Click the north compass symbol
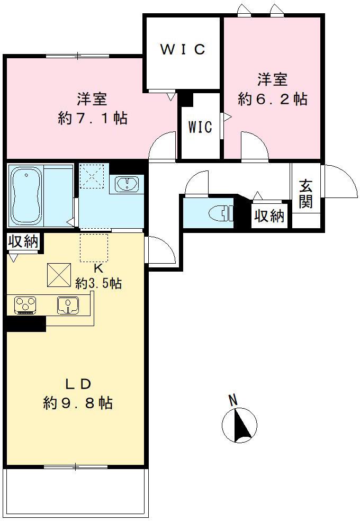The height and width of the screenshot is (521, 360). click(239, 424)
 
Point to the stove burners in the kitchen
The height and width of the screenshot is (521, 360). click(24, 305)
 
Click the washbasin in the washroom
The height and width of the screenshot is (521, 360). click(127, 184)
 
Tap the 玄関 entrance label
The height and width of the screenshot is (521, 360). click(305, 194)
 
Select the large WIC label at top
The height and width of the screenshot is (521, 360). click(183, 50)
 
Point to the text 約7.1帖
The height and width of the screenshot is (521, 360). click(93, 118)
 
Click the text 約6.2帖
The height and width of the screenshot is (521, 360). click(273, 99)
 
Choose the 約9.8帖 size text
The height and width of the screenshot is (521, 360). click(78, 403)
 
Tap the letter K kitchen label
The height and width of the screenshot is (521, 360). click(98, 267)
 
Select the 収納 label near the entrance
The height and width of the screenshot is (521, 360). click(270, 216)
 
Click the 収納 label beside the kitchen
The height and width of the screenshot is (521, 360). click(23, 241)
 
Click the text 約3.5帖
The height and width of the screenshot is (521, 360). click(98, 283)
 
